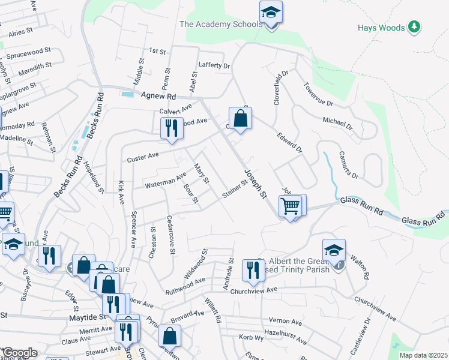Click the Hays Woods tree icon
point(414,27)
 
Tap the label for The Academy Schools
point(221,25)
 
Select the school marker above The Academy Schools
point(271,13)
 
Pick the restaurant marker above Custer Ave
point(172,128)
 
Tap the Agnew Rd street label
point(158,95)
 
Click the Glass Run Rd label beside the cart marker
point(361,202)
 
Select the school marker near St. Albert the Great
point(334,251)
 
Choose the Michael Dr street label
point(337,124)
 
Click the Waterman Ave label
point(165,181)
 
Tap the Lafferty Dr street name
point(214,65)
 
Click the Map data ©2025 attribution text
point(423,355)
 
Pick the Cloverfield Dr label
point(281,88)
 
